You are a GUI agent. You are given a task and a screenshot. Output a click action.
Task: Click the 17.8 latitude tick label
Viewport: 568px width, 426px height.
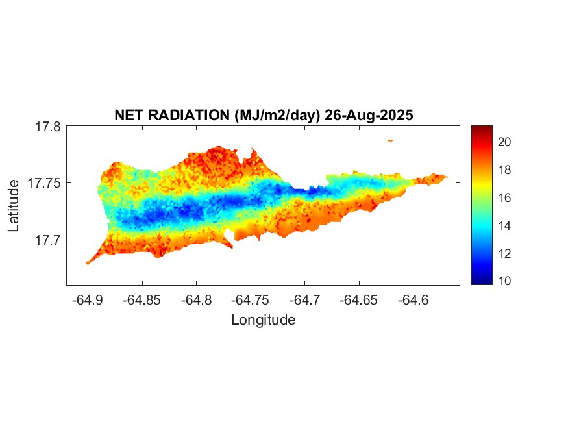click(x=47, y=127)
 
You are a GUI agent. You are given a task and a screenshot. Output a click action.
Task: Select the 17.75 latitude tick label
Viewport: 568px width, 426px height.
click(x=44, y=183)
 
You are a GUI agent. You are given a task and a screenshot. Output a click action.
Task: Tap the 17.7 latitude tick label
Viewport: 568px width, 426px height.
click(x=47, y=240)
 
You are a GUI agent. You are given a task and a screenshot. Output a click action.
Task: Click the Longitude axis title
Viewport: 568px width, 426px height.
click(x=263, y=319)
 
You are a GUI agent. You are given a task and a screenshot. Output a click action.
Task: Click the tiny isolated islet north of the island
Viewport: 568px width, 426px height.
click(x=390, y=140)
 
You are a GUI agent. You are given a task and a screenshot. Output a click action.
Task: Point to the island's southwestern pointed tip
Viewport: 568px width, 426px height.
click(x=88, y=263)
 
